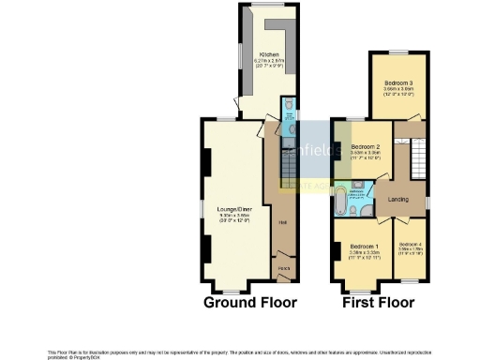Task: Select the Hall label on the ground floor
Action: coord(282,222)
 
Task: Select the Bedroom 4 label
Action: coord(410,244)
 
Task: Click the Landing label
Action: coord(397,199)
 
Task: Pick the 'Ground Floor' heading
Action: coord(250,303)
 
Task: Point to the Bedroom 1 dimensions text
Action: coord(362,253)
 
